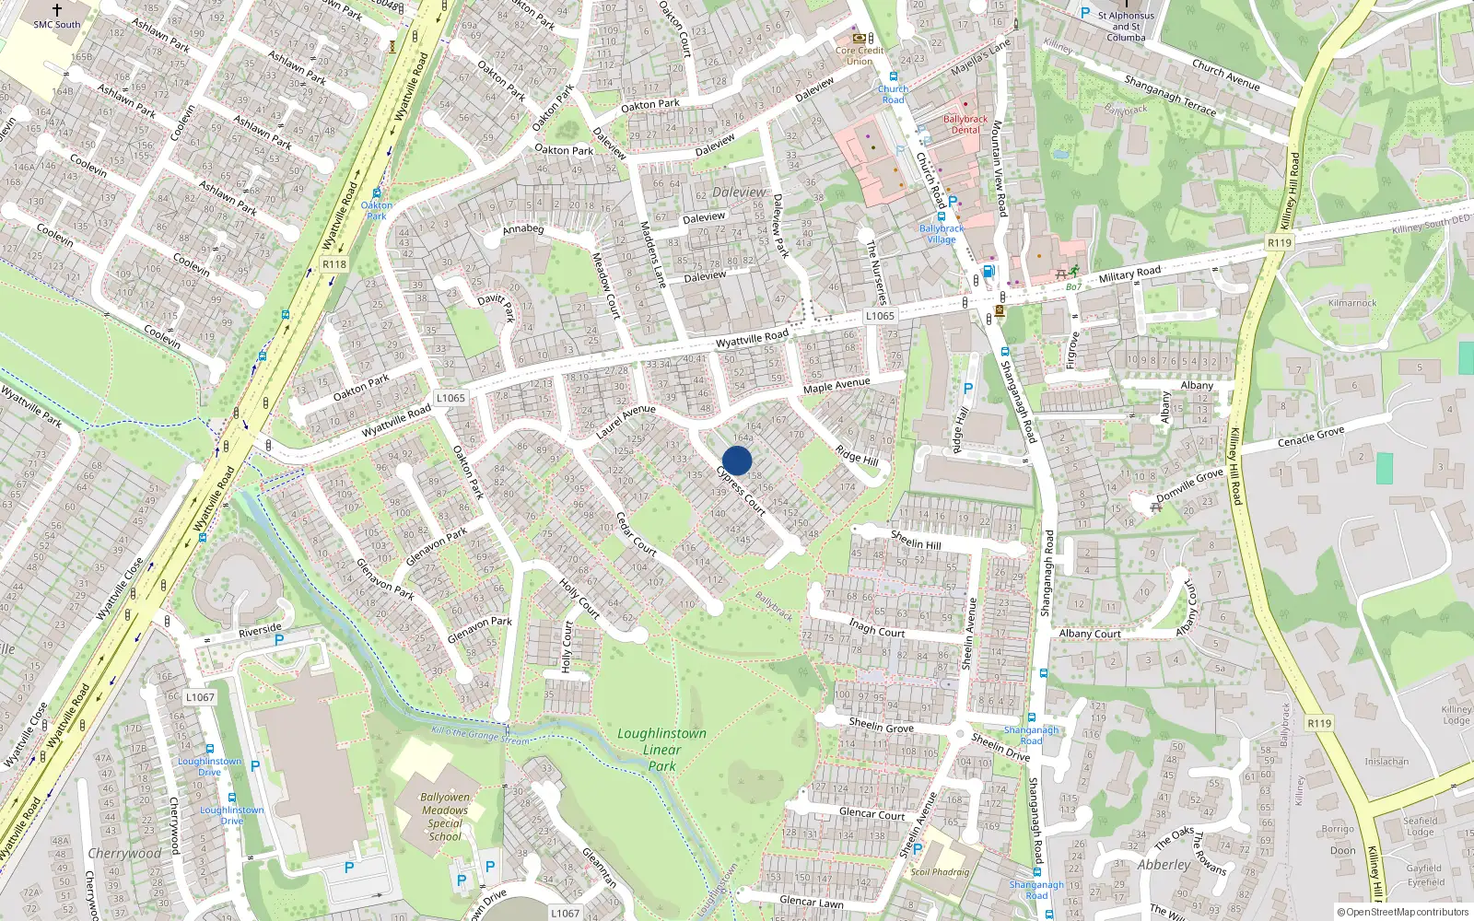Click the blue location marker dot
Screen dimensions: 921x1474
[737, 460]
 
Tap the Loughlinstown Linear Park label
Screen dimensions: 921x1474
[661, 750]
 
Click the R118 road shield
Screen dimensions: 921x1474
[334, 264]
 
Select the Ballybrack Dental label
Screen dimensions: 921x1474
[965, 124]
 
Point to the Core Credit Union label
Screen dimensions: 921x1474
[860, 55]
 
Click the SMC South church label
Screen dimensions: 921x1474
[57, 24]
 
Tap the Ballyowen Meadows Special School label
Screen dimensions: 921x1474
[445, 817]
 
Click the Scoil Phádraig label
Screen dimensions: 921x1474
[940, 871]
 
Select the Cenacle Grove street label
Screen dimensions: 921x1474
[1310, 437]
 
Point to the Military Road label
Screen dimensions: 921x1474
[1129, 274]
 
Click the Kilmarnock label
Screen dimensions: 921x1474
[1352, 303]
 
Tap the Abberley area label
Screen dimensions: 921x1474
[1164, 865]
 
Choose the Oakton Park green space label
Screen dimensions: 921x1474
[377, 211]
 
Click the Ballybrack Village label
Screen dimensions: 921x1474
[942, 234]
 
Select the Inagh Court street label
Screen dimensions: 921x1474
[877, 629]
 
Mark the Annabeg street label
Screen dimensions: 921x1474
[523, 229]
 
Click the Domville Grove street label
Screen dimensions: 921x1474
[1189, 484]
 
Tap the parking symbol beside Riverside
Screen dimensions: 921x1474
[279, 640]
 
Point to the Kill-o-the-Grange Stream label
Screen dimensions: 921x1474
[481, 735]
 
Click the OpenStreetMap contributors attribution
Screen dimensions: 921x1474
[1403, 913]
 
